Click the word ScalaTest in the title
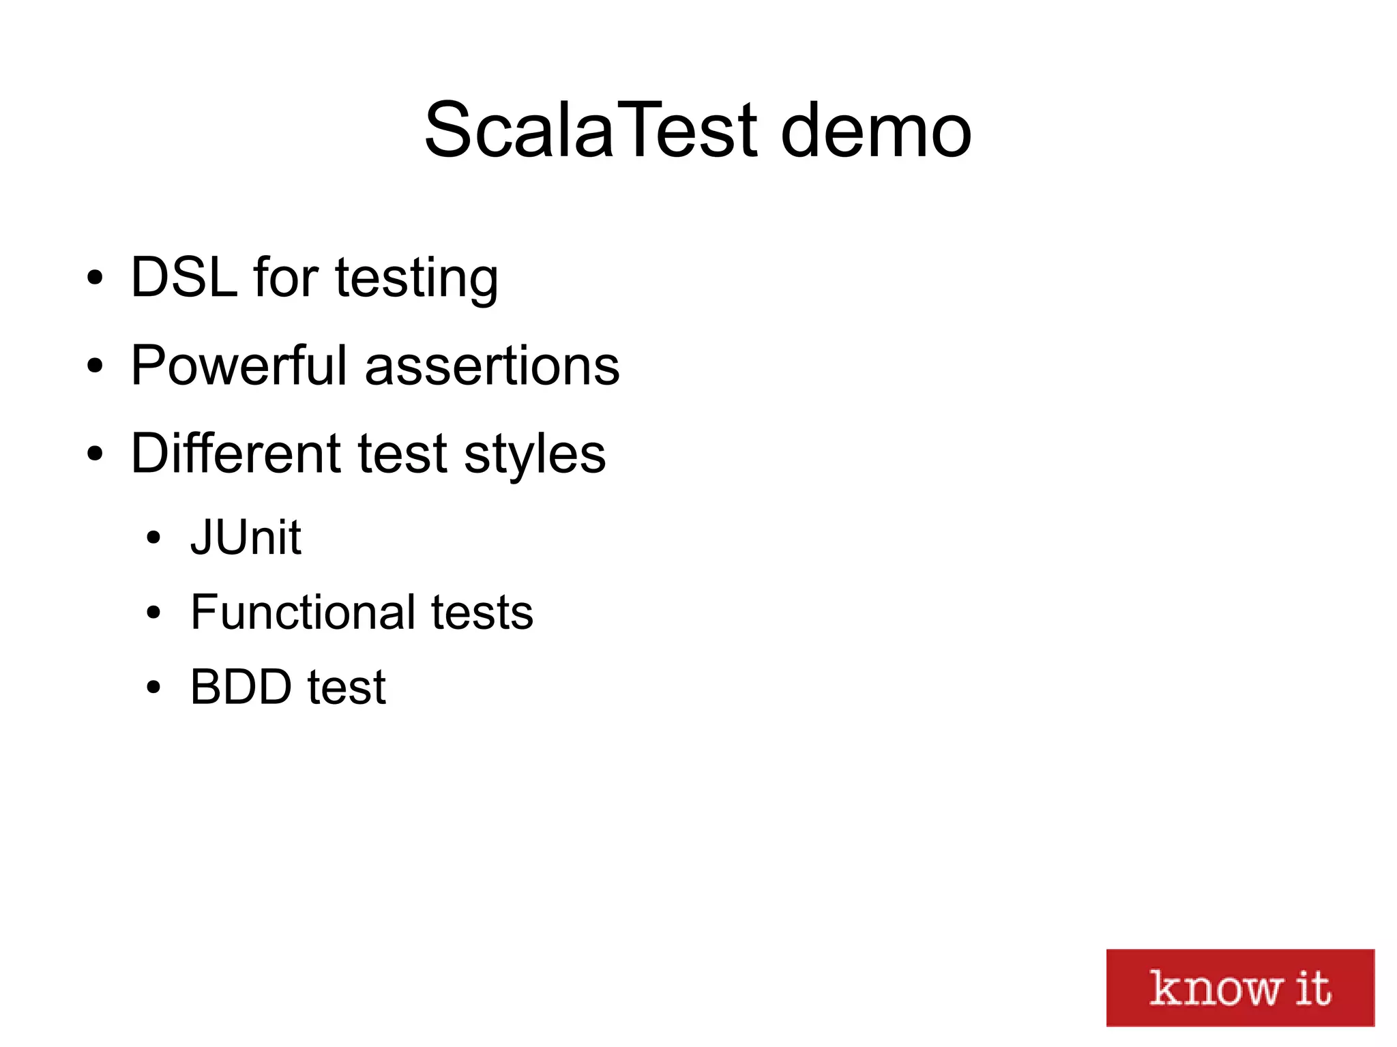coord(591,130)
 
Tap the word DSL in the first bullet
coord(184,278)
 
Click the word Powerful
coord(239,366)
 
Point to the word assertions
coord(492,367)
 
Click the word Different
coord(235,454)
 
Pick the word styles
coord(535,456)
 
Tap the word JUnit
coord(246,537)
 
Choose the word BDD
coord(241,687)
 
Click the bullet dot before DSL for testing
coord(95,278)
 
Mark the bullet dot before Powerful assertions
coord(95,366)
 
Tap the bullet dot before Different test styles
coord(95,454)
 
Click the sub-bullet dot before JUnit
coord(153,537)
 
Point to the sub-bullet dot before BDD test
coord(153,687)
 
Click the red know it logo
coord(1239,987)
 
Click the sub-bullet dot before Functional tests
coord(153,613)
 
